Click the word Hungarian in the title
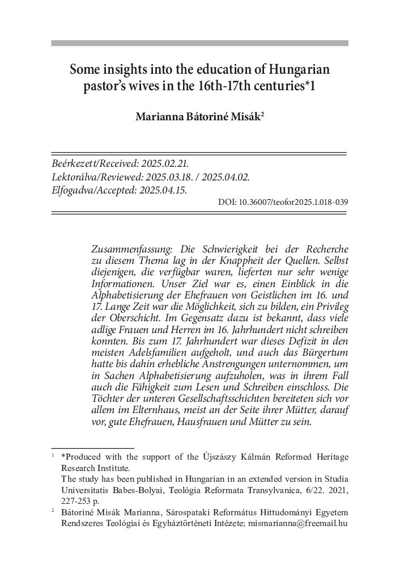295,71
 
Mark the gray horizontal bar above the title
199,43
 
